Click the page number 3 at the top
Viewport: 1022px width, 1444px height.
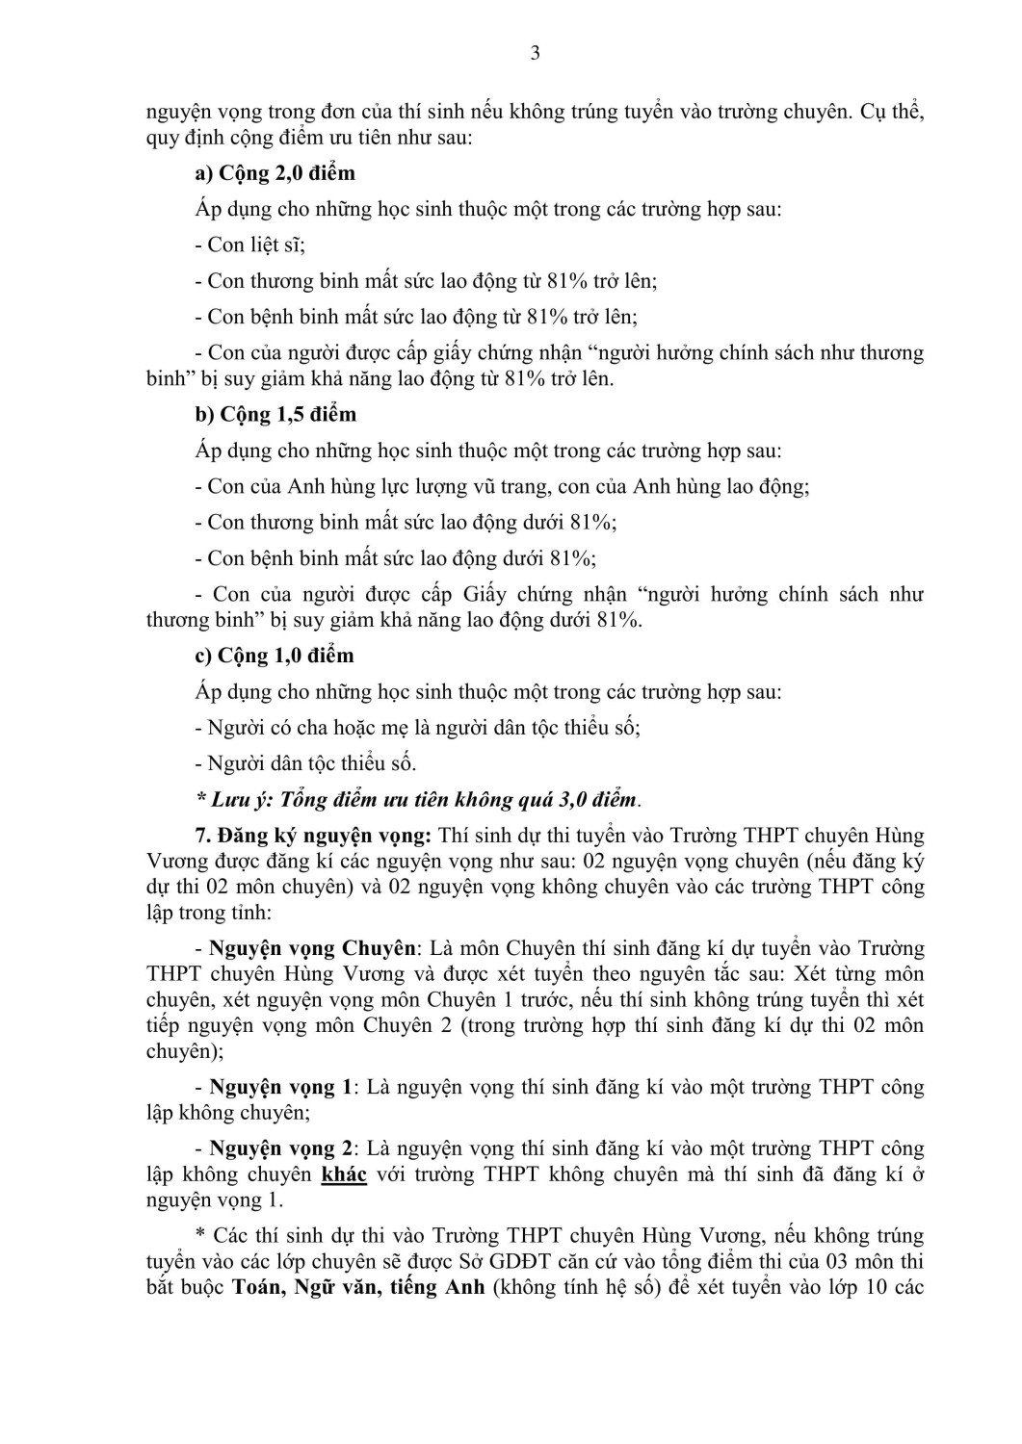click(535, 53)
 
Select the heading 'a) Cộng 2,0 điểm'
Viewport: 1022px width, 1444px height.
click(275, 173)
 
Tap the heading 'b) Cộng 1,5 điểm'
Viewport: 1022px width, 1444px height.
click(275, 415)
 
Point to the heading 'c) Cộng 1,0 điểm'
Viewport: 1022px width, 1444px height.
click(275, 656)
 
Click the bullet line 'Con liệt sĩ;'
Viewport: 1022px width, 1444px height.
click(249, 245)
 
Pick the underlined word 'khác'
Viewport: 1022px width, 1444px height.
click(344, 1174)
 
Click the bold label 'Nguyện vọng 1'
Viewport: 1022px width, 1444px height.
click(280, 1087)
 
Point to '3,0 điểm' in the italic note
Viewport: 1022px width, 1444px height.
click(597, 799)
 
